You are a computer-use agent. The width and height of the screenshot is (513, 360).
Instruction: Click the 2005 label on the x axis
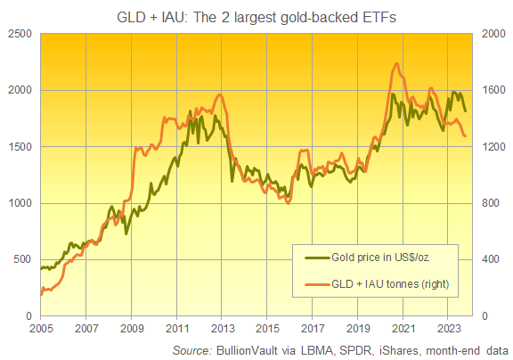[40, 328]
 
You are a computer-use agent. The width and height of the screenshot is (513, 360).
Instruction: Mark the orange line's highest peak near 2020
[395, 63]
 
